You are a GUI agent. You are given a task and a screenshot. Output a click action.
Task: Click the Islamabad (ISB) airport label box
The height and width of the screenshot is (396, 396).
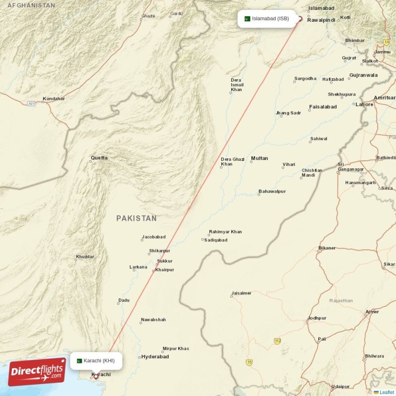coord(268,19)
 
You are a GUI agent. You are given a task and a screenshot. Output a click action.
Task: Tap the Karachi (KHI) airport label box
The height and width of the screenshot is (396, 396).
coord(96,360)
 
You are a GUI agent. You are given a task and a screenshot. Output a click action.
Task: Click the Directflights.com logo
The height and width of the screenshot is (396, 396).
coord(37,372)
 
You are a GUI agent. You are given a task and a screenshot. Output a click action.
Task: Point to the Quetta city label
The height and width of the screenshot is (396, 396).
coord(99,158)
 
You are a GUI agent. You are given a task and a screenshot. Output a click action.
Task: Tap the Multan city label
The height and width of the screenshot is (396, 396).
coord(259,158)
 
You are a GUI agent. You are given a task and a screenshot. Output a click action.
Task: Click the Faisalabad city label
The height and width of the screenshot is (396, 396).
coord(323,106)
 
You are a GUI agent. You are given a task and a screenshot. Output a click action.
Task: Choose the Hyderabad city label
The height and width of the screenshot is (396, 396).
coord(155,356)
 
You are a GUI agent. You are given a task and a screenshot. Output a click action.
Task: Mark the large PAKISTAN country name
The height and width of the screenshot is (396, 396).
coord(137,218)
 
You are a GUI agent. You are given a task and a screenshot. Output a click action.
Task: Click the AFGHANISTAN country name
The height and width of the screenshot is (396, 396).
coord(28,5)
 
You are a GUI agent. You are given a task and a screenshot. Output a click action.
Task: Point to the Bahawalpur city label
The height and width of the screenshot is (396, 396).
coord(272,191)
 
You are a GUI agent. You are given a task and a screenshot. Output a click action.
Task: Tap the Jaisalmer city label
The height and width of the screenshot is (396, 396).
coord(241,293)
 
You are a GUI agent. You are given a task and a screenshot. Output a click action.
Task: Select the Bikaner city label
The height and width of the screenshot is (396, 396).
coord(327,247)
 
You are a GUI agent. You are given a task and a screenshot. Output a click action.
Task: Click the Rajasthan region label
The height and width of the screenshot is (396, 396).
coord(341,300)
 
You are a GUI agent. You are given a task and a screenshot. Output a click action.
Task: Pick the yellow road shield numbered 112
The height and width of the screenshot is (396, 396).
coord(278,341)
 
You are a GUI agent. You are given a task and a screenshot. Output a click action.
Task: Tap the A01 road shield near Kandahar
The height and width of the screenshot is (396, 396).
coord(32,103)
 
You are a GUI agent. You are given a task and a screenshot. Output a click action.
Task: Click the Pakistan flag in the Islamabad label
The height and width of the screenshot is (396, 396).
coord(247,19)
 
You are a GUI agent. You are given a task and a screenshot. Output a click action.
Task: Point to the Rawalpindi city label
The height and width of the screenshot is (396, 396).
coord(321,20)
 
